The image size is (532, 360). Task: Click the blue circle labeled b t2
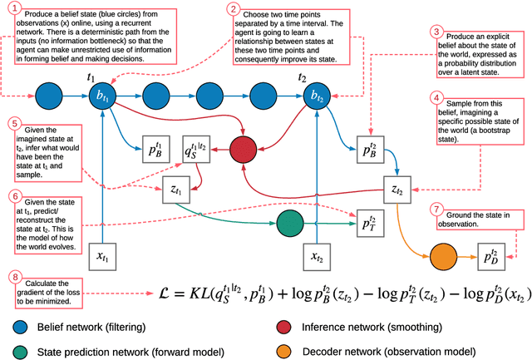click(x=316, y=95)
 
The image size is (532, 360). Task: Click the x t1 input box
click(x=101, y=254)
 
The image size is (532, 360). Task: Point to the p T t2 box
click(x=363, y=221)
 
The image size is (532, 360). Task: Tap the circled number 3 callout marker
click(x=437, y=32)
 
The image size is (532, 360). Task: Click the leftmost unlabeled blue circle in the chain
click(x=48, y=95)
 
